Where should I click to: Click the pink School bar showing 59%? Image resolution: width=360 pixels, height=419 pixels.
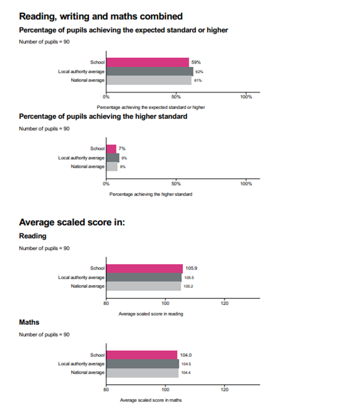[147, 62]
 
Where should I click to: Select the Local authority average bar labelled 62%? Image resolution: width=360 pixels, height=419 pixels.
[149, 71]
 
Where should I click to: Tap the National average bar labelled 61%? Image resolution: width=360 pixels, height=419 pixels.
[148, 80]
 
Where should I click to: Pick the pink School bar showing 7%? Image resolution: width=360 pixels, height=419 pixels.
[111, 149]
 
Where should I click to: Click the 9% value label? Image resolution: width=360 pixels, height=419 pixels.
[124, 158]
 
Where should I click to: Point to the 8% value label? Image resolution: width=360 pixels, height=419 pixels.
[122, 167]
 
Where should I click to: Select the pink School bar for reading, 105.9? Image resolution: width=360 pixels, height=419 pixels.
[144, 269]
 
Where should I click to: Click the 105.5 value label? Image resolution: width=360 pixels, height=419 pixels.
[189, 278]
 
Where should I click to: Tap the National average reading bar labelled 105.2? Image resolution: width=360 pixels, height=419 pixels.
[143, 286]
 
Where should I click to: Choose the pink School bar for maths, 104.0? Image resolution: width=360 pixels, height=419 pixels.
[141, 355]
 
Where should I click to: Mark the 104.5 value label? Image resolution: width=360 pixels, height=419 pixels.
[186, 364]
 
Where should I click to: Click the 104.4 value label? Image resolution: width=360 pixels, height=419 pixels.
[186, 373]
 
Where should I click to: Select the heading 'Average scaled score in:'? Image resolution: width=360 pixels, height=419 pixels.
[72, 222]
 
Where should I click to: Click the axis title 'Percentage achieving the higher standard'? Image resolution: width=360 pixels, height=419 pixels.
[151, 194]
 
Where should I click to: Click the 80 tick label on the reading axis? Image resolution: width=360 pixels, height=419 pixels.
[106, 303]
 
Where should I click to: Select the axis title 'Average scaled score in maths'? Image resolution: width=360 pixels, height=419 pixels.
[150, 400]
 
